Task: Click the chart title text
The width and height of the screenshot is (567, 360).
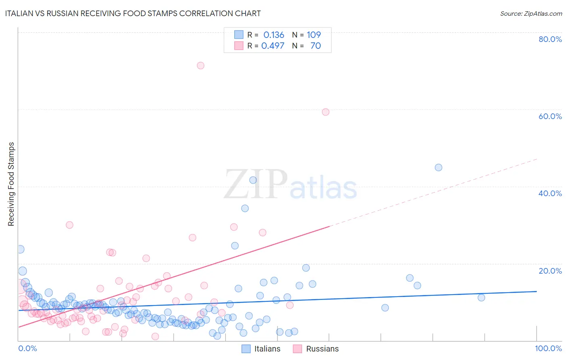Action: coord(133,13)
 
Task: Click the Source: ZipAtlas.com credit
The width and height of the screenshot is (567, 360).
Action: coord(531,13)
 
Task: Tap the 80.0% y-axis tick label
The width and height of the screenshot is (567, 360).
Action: coord(550,39)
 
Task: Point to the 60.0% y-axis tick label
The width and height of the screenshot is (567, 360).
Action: coord(550,116)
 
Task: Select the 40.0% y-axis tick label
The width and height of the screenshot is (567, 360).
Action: coord(550,193)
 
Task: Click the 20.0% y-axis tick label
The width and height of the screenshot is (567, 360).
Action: coord(550,271)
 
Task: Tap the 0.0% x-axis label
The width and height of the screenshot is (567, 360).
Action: coord(27,348)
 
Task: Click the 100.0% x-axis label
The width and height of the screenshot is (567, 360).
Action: coord(548,348)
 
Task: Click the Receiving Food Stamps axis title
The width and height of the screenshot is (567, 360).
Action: coord(11,184)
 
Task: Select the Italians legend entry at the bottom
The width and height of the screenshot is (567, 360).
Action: coord(261,349)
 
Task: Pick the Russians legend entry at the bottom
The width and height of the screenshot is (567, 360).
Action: coord(316,349)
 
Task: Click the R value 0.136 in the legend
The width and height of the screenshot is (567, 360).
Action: coord(274,35)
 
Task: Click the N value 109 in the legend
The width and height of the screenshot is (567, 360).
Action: coord(314,35)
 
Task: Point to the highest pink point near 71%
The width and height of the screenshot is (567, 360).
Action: coord(200,65)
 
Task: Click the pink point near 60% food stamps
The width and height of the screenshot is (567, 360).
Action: coord(325,112)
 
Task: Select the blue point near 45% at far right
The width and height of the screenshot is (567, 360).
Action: coord(438,167)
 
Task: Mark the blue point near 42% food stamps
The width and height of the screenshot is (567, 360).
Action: coord(253,180)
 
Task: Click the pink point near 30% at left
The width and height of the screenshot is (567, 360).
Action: coord(69,225)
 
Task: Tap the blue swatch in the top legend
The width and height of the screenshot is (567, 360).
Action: coord(239,35)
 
